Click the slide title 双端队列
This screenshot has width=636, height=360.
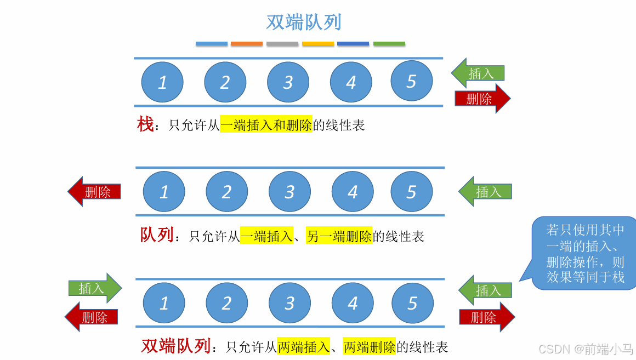304,22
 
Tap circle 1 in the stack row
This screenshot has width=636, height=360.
162,82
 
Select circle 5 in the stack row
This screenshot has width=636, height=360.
412,81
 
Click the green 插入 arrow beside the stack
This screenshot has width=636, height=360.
478,73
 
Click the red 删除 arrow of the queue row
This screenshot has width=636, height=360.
94,191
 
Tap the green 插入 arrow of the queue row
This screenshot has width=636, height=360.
485,191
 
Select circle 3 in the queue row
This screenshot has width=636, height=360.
289,192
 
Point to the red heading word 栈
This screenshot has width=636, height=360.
145,124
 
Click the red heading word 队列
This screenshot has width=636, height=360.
157,235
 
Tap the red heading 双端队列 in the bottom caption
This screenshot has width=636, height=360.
176,346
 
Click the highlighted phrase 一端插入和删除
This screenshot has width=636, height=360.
266,125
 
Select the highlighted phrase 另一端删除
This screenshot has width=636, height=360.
339,236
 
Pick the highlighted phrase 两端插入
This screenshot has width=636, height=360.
303,346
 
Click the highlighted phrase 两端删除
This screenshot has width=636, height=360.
369,346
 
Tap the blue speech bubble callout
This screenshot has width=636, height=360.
584,253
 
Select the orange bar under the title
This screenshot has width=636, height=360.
247,44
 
